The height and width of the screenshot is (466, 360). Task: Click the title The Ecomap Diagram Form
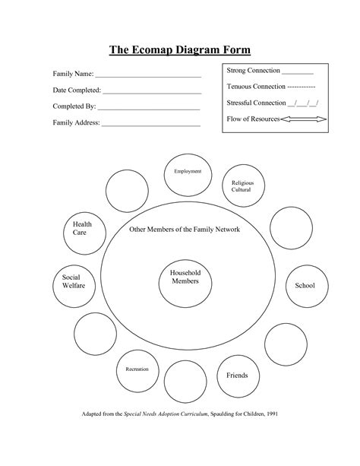[179, 50]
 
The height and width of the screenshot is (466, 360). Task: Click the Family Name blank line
[148, 77]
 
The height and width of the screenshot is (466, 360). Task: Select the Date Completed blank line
[151, 92]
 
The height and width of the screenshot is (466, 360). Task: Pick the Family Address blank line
[151, 123]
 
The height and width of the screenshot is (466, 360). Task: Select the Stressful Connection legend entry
[272, 103]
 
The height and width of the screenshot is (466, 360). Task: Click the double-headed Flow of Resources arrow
[303, 119]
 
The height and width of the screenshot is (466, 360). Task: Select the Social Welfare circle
[73, 284]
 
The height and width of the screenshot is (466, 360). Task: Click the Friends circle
[232, 374]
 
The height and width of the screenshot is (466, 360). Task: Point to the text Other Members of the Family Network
[185, 229]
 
